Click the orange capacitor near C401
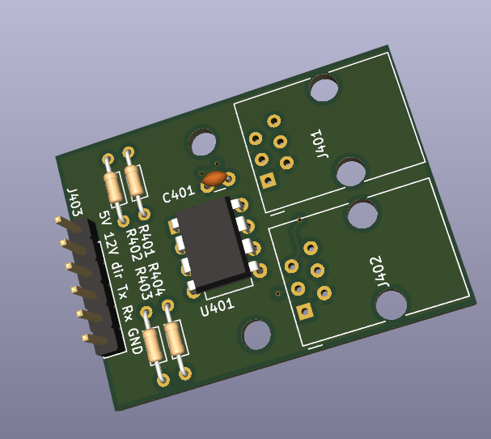(214, 178)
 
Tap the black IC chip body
(214, 244)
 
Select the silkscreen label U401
(218, 307)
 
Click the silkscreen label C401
(179, 194)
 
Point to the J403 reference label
(75, 202)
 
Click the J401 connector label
(320, 143)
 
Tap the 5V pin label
(105, 218)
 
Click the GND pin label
(135, 341)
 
